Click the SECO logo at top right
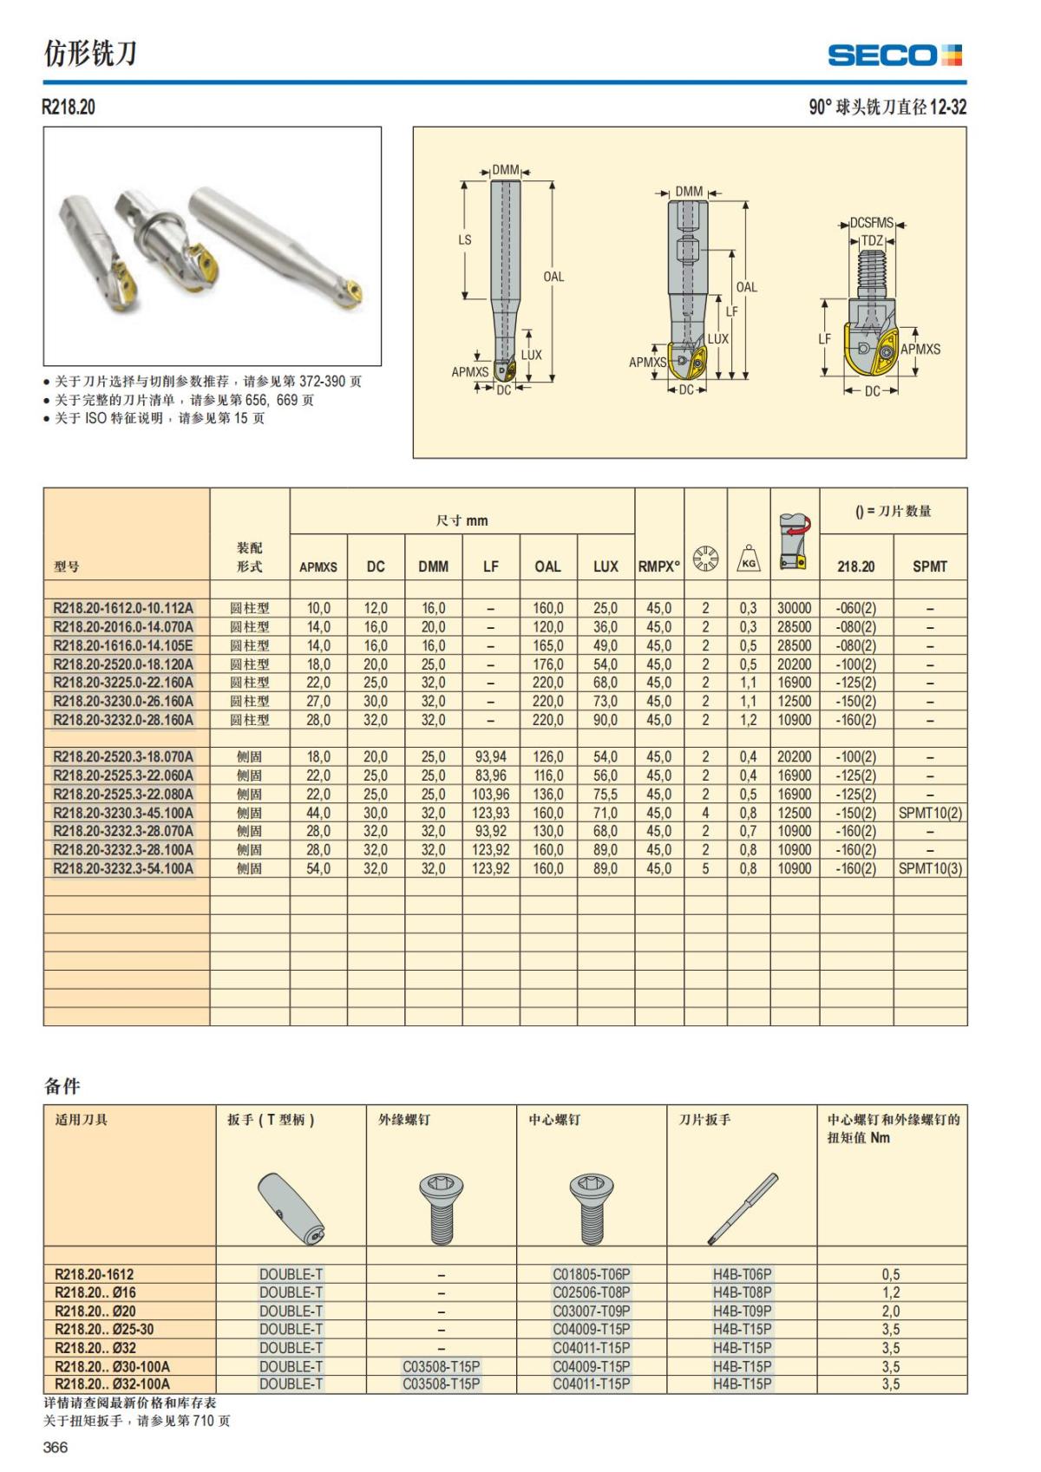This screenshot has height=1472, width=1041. coord(894,56)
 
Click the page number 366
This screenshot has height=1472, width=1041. coord(55,1447)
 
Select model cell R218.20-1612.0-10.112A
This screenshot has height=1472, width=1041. coord(123,608)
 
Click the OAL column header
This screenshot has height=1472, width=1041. coord(547,566)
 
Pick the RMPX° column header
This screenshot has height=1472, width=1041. coord(659,566)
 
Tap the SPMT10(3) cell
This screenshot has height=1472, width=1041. coord(930,868)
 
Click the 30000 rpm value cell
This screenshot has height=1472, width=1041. coord(794,608)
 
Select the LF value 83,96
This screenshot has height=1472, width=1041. coord(490,775)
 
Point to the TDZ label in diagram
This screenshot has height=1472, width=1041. coord(872,241)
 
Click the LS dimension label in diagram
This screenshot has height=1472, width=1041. coord(465,239)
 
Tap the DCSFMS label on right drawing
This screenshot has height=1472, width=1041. coord(871,223)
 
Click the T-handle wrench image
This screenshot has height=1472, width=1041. coord(291,1209)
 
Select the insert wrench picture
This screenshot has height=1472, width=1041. coord(743,1209)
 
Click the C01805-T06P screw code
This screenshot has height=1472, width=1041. coord(592,1274)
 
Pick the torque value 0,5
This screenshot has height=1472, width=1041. coord(891,1274)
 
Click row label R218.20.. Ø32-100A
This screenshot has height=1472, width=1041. coord(113,1384)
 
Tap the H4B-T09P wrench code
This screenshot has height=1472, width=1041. coord(742,1311)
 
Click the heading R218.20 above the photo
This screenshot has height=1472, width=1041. coord(69,107)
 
